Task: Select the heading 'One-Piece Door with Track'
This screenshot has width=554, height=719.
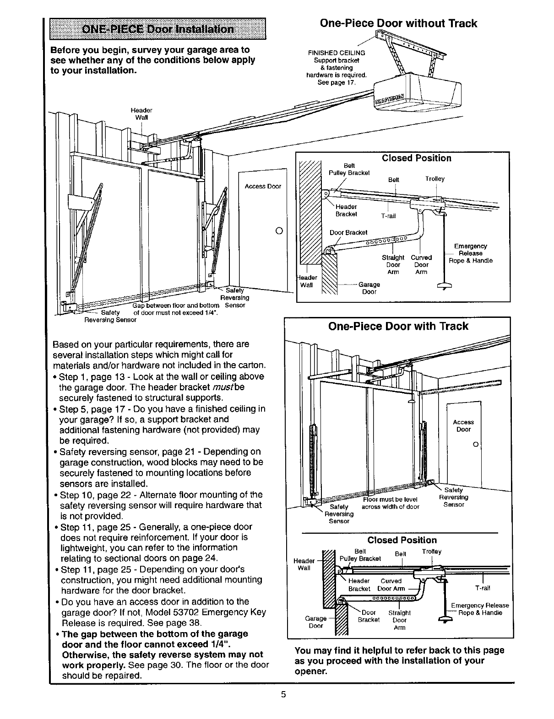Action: coord(398,326)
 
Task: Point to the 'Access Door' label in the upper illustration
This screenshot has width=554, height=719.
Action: coord(263,186)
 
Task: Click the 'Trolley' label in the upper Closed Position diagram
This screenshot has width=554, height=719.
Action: coord(435,179)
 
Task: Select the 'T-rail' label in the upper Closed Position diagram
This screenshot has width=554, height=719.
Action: coord(388,216)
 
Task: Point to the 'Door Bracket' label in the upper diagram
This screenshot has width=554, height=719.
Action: coord(348,232)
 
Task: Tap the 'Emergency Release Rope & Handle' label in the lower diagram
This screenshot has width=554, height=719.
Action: coord(480,609)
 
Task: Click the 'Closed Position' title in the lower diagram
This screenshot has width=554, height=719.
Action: coord(402,540)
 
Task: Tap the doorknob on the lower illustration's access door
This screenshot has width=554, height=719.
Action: coord(476,444)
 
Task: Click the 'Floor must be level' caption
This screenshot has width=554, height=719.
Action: coord(390,499)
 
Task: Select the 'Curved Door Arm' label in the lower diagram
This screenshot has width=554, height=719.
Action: coord(391,585)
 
